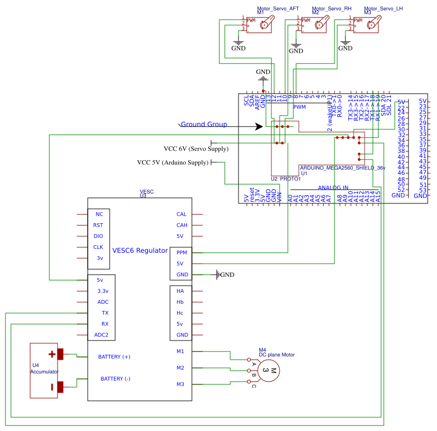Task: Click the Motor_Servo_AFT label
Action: point(278,9)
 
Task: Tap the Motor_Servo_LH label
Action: point(383,9)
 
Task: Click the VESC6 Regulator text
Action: point(140,251)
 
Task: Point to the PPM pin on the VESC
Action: point(181,253)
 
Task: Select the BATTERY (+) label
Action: point(114,357)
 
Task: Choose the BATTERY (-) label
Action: point(115,379)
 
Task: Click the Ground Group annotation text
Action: point(204,124)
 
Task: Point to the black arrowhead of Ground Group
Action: point(259,127)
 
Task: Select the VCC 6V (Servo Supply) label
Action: point(196,149)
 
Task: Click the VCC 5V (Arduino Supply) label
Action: point(173,162)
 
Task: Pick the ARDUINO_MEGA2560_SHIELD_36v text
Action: point(342,168)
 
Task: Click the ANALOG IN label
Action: point(333,188)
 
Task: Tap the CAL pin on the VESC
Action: point(181,214)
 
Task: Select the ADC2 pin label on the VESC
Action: point(101,335)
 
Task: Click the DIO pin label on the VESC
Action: point(98,236)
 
